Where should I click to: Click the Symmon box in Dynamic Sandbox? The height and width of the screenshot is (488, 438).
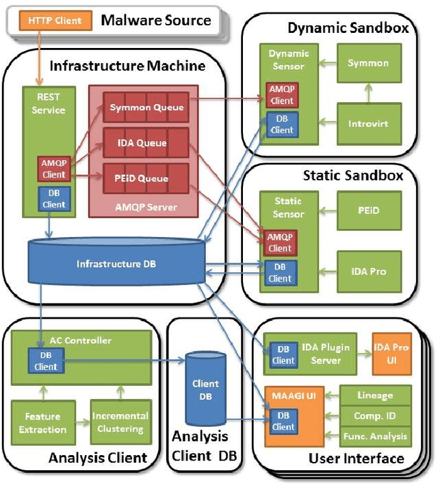click(x=368, y=64)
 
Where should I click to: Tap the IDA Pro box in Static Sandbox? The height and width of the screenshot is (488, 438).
click(x=368, y=271)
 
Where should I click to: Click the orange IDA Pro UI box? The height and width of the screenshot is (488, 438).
click(x=391, y=354)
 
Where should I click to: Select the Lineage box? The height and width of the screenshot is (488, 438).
click(x=375, y=395)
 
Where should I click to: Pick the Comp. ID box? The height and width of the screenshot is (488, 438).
click(x=375, y=415)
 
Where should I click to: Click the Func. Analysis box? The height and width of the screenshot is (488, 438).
click(x=375, y=436)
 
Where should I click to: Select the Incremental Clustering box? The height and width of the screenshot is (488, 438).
click(x=120, y=422)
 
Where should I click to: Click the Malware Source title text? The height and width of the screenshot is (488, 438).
click(x=156, y=20)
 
